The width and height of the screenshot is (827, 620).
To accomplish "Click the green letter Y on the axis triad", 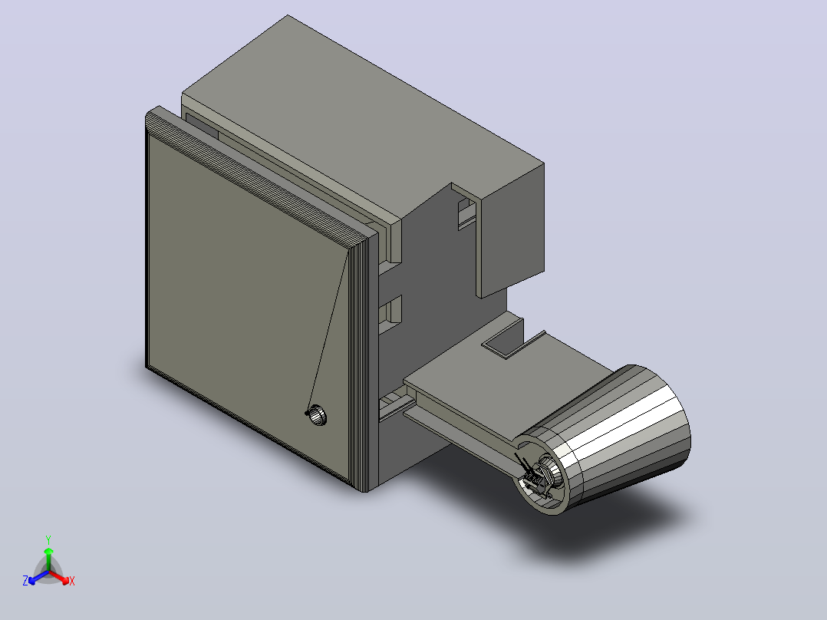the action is point(48,539).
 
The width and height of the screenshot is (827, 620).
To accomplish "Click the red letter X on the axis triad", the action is point(72,581).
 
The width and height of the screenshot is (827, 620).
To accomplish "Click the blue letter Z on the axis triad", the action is point(25,581).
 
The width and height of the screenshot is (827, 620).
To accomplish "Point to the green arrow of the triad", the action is point(48,559).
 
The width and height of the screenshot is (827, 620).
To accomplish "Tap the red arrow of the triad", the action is point(59,577).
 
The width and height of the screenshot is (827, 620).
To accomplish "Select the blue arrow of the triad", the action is point(38,577).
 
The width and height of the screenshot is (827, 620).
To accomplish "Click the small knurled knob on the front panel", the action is point(317,415).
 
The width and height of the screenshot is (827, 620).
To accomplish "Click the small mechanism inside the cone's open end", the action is point(537,475).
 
